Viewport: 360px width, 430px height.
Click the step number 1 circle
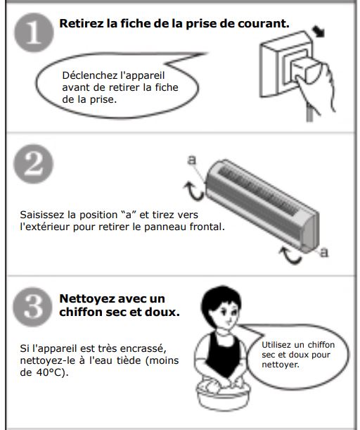(x=34, y=32)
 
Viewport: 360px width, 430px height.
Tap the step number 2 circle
(x=34, y=164)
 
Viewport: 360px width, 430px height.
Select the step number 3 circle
(x=33, y=307)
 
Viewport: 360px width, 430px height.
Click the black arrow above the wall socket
(x=318, y=32)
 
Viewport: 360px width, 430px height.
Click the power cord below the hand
(x=310, y=113)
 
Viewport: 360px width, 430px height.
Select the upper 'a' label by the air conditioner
(x=192, y=160)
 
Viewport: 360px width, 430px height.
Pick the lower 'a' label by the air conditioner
(x=324, y=252)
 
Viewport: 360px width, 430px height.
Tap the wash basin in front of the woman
(x=223, y=395)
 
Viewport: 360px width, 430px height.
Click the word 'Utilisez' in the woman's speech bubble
(x=276, y=345)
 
